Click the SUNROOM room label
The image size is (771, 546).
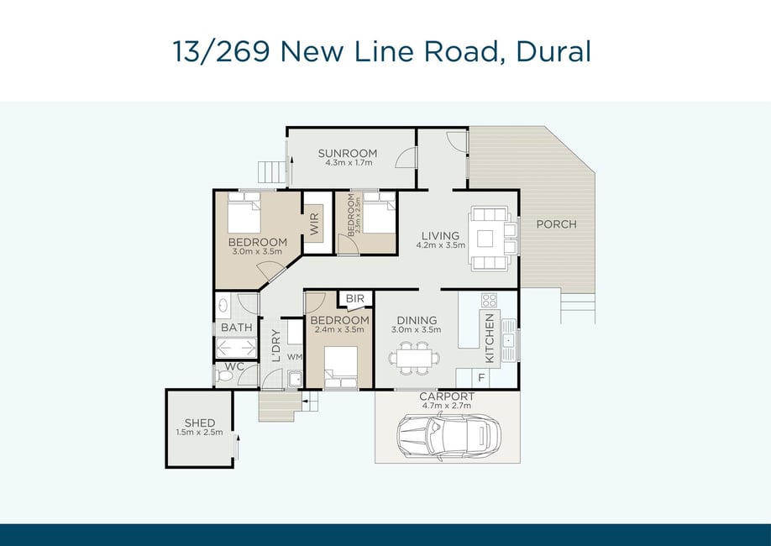[x=347, y=153]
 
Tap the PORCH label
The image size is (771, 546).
[x=556, y=224]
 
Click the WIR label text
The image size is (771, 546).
[x=315, y=223]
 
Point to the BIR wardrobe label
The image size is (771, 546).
[x=355, y=298]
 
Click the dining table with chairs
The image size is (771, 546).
[x=415, y=358]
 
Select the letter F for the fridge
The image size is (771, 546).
[x=481, y=378]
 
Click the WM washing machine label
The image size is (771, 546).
[x=295, y=357]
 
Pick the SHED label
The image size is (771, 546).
[x=200, y=423]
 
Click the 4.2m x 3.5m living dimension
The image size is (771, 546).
[x=441, y=245]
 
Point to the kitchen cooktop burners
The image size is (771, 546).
[x=489, y=300]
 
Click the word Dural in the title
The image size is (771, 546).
[x=553, y=51]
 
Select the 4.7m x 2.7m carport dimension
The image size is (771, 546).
[x=447, y=406]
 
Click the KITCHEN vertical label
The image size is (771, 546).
[x=490, y=339]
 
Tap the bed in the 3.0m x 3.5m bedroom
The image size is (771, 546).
[x=244, y=213]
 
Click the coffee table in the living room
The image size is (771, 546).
[x=485, y=239]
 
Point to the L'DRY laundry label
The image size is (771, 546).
[x=275, y=345]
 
